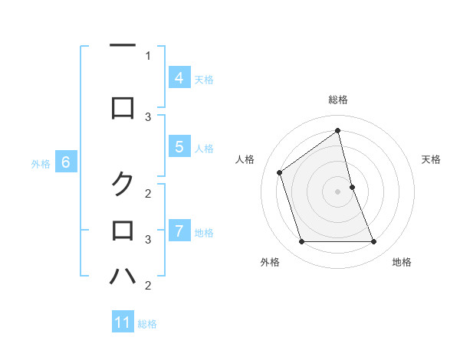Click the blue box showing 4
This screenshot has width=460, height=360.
click(179, 77)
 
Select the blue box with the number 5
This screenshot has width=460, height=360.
click(179, 147)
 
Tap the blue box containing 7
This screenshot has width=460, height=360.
click(179, 231)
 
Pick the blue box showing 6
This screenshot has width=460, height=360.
click(66, 162)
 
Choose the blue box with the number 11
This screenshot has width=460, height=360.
click(123, 322)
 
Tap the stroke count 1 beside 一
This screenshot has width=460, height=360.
click(148, 55)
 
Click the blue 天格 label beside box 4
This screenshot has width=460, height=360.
click(204, 79)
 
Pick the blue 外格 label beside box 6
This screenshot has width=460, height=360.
click(41, 163)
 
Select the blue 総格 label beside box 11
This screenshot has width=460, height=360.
click(147, 324)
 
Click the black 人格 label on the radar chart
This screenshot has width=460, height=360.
click(245, 159)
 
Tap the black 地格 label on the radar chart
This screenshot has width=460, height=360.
click(402, 263)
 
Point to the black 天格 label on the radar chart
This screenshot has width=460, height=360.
click(431, 159)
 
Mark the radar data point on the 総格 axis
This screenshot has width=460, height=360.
click(338, 130)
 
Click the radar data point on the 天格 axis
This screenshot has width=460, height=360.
click(353, 187)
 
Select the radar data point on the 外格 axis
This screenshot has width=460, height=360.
click(301, 242)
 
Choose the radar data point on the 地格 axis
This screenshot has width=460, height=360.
click(374, 242)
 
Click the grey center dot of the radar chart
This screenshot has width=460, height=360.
click(338, 191)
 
